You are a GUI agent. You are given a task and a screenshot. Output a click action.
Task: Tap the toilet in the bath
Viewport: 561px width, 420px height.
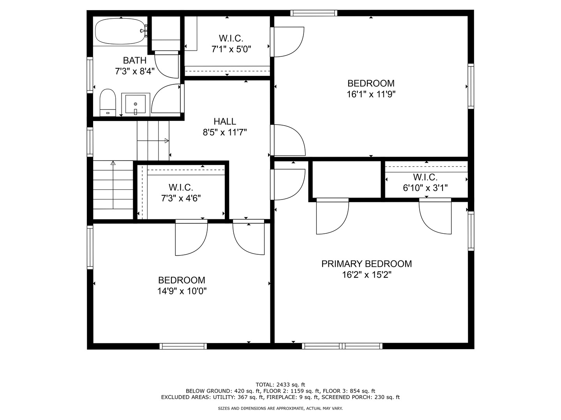[x=108, y=103]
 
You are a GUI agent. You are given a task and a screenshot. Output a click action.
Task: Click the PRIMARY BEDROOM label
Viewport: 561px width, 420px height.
[x=366, y=264]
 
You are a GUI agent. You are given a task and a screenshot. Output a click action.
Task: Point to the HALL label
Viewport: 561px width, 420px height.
[x=225, y=121]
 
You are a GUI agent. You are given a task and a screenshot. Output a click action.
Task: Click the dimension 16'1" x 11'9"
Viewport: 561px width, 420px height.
[x=371, y=94]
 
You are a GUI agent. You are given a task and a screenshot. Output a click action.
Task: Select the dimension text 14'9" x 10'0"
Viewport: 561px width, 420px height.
[x=182, y=291]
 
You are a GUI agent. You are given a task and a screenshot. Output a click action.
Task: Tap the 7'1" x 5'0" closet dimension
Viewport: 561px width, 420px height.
[x=231, y=49]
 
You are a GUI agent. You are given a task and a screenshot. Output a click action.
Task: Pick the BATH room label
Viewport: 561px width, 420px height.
[x=135, y=61]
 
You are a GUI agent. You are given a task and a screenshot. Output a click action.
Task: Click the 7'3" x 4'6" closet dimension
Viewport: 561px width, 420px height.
[x=181, y=198]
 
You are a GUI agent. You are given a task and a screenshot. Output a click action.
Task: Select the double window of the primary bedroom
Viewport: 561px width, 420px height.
[x=342, y=346]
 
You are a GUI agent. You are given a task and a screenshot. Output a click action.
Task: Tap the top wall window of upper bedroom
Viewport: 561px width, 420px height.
[x=314, y=13]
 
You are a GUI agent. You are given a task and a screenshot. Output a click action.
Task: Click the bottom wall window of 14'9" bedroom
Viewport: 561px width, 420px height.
[x=183, y=346]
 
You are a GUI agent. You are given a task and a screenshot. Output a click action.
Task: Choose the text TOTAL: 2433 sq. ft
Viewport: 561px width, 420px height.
[x=280, y=385]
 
